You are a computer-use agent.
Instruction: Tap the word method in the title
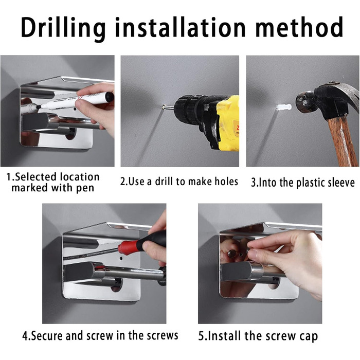[299, 27]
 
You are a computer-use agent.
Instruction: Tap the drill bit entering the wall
[168, 107]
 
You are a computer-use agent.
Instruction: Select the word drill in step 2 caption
[164, 182]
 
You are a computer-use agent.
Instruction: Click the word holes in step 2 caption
[226, 182]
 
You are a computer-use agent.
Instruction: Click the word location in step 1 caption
[79, 177]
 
